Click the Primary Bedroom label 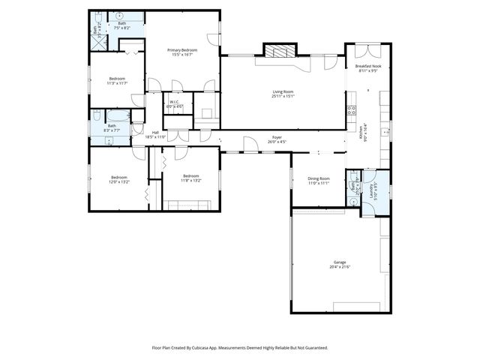183,52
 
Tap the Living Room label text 283,94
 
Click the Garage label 340,264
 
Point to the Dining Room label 319,180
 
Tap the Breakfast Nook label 367,68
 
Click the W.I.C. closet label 173,104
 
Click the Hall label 155,135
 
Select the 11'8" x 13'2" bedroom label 190,178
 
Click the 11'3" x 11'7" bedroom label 117,80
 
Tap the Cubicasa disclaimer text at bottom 240,348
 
